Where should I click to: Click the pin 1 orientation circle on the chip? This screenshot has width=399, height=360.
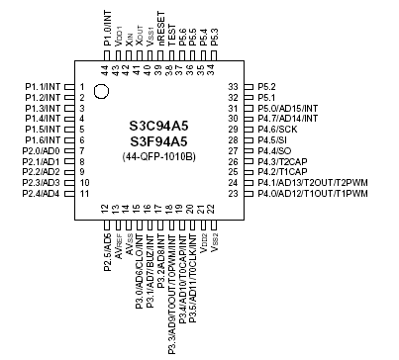[101, 92]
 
